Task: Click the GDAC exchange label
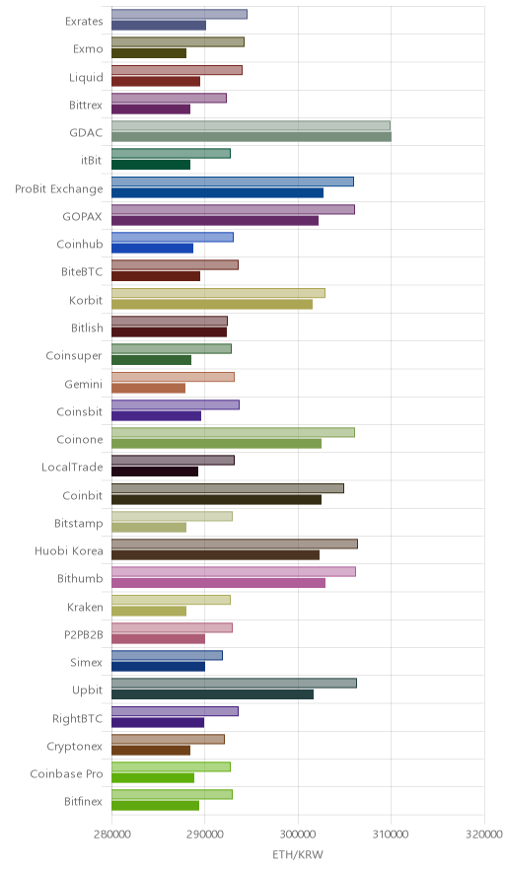click(86, 132)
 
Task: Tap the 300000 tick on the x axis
click(298, 835)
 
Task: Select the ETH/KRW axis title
click(298, 854)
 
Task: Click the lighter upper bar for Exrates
click(180, 15)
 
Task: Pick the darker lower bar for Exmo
click(149, 53)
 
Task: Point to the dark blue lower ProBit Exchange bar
click(217, 193)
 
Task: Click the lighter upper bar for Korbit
click(218, 293)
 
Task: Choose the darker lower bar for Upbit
click(212, 694)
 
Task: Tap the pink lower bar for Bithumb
click(218, 583)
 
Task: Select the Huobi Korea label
click(69, 550)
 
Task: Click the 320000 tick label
click(484, 835)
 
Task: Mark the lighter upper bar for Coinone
click(233, 433)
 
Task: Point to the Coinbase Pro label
click(67, 773)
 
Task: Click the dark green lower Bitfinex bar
click(155, 805)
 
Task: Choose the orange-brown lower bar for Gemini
click(149, 389)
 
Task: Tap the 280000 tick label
click(111, 835)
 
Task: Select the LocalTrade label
click(72, 468)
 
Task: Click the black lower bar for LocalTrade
click(155, 472)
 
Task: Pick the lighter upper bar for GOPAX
click(233, 210)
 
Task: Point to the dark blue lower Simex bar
click(158, 666)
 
